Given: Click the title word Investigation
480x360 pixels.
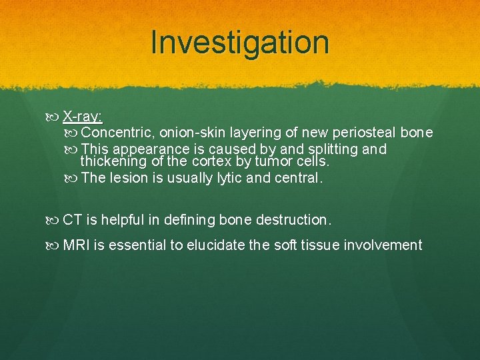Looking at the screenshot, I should tap(240, 43).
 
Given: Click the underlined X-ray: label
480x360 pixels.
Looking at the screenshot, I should tap(83, 117).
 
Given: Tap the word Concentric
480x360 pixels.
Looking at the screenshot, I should tap(117, 133).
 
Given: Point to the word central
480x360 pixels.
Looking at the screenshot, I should tap(299, 179).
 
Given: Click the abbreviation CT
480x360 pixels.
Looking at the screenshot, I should tap(72, 219).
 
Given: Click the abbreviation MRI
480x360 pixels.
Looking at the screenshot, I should tap(77, 245).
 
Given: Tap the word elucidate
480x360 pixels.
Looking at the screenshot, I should tap(215, 245).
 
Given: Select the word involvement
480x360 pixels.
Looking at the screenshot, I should tap(383, 245).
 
